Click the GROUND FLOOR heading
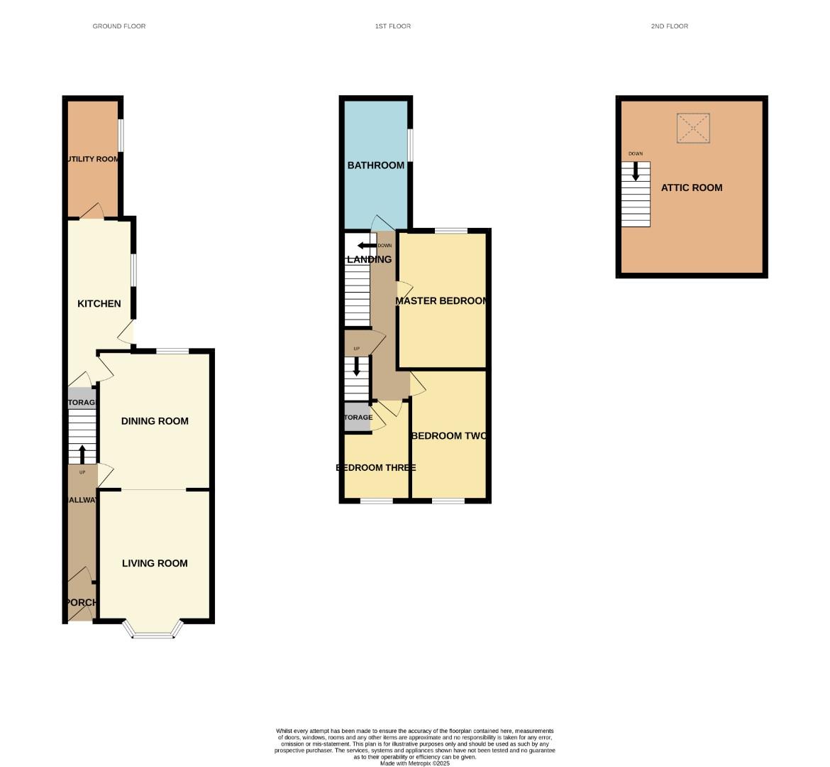tap(119, 26)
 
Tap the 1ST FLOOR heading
tap(393, 26)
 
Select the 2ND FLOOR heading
tap(669, 26)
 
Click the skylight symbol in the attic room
tap(693, 129)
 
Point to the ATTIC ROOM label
tap(692, 187)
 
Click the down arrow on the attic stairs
tap(636, 171)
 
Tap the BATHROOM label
tap(376, 165)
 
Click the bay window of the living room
tap(153, 633)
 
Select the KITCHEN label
tap(99, 304)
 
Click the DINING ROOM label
tap(155, 421)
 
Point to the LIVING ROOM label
tap(155, 563)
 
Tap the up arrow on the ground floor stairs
tap(82, 453)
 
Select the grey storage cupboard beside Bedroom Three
tap(358, 417)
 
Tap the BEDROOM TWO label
tap(449, 436)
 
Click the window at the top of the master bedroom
tap(451, 230)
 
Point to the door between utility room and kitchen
tap(92, 212)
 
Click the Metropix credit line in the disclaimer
tap(415, 763)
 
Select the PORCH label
tap(81, 603)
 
